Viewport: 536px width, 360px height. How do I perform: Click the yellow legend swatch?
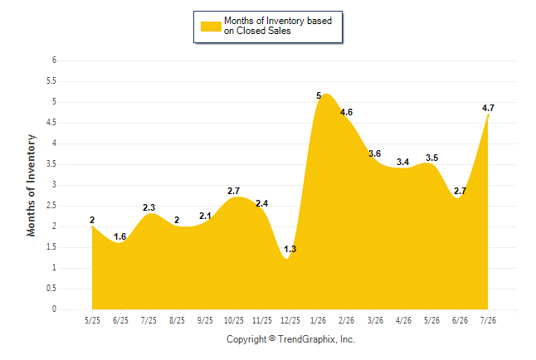211,27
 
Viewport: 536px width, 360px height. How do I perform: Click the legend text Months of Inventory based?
278,21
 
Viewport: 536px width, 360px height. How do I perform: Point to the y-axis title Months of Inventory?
31,185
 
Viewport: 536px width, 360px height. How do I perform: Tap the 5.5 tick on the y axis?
51,81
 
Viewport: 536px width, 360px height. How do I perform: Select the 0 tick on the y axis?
54,309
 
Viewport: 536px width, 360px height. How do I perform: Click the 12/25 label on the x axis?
290,320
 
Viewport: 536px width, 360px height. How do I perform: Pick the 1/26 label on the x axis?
318,320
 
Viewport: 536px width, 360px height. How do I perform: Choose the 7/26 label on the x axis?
488,320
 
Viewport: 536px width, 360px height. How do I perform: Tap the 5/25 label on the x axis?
92,320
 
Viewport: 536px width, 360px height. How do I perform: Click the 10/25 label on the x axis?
233,320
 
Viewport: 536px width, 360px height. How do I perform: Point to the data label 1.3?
290,249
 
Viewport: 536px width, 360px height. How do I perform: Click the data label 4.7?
488,108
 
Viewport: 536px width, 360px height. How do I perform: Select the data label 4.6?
346,112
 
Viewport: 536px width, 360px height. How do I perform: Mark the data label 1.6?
120,236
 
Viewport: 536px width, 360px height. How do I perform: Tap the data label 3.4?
402,162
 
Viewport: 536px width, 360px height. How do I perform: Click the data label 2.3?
149,207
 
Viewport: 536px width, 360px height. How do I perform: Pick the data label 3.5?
431,158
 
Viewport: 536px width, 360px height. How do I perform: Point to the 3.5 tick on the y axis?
51,164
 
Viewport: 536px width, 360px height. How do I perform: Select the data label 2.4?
262,203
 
